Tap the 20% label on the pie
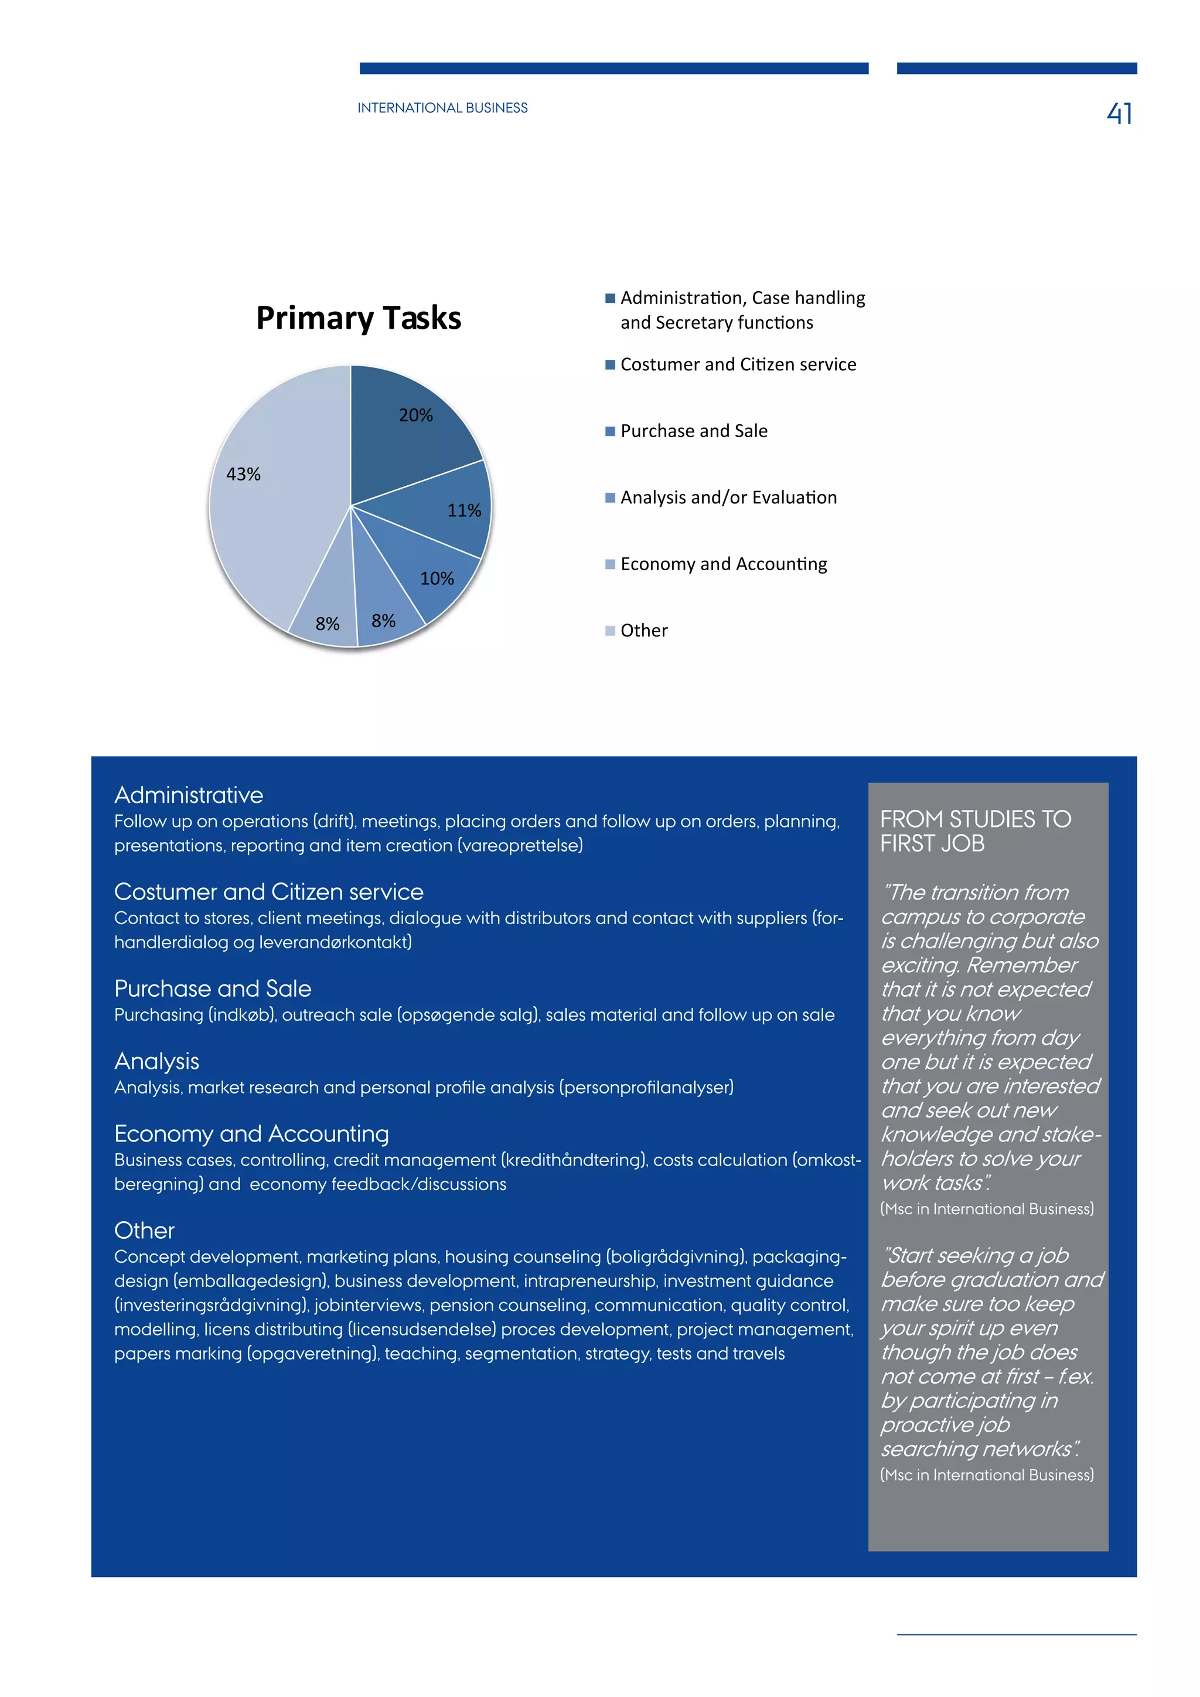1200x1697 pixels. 415,415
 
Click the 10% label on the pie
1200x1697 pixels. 437,579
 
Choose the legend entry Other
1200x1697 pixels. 643,631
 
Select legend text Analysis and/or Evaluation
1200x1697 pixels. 728,497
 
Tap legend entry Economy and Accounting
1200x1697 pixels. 724,564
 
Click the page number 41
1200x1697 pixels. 1120,113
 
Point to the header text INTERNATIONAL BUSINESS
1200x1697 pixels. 442,108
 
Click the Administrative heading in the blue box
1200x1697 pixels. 189,795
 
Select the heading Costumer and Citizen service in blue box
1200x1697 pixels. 268,892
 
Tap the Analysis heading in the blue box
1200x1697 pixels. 156,1061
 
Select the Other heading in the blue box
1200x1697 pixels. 144,1231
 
